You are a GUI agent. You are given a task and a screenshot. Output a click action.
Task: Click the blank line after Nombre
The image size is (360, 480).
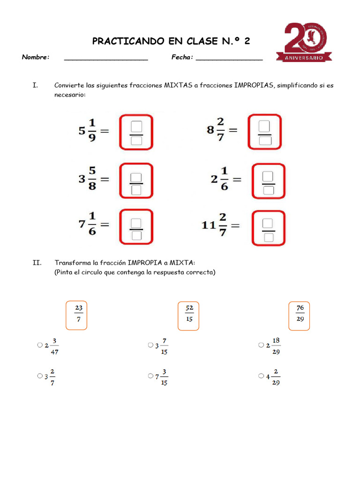pos(106,58)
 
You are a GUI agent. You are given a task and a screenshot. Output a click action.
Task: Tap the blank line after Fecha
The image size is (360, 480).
pos(229,58)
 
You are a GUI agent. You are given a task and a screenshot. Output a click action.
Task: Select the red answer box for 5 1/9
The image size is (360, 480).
pos(136,132)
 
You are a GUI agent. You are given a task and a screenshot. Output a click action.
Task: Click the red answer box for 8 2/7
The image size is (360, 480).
pos(264,132)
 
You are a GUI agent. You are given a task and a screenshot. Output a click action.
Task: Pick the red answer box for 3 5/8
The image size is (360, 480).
pos(136,181)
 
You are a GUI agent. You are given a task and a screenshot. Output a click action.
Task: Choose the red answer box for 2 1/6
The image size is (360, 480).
pos(268,181)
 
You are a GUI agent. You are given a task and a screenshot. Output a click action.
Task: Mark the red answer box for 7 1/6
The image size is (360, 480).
pos(136,227)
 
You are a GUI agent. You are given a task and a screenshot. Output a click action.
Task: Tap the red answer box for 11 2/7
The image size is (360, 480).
pos(268,228)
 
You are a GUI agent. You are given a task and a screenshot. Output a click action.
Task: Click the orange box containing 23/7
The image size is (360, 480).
pos(77,315)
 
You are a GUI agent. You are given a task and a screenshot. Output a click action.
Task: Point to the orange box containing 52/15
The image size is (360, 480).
pos(188,315)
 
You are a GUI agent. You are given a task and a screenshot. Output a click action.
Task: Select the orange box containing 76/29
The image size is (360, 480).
pos(300,315)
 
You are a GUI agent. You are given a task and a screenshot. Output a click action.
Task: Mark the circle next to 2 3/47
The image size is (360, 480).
pos(39,345)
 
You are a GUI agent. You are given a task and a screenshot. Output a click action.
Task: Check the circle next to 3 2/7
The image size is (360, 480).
pos(39,376)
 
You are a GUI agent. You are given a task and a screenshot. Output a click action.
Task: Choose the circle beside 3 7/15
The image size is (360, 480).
pos(150,345)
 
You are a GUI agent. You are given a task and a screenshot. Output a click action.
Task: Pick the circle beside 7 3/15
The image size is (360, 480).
pos(150,376)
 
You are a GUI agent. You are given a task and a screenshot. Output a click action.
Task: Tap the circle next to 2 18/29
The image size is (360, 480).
pos(261,345)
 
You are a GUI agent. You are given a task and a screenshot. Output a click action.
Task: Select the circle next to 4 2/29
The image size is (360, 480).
pos(261,376)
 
